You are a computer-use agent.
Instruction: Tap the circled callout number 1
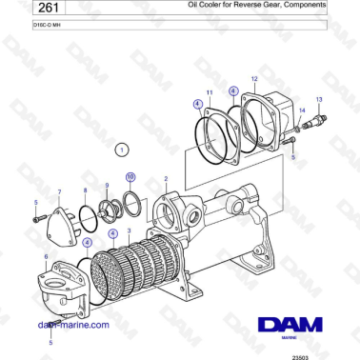(x=120, y=150)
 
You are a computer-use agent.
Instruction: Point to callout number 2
(x=166, y=178)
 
